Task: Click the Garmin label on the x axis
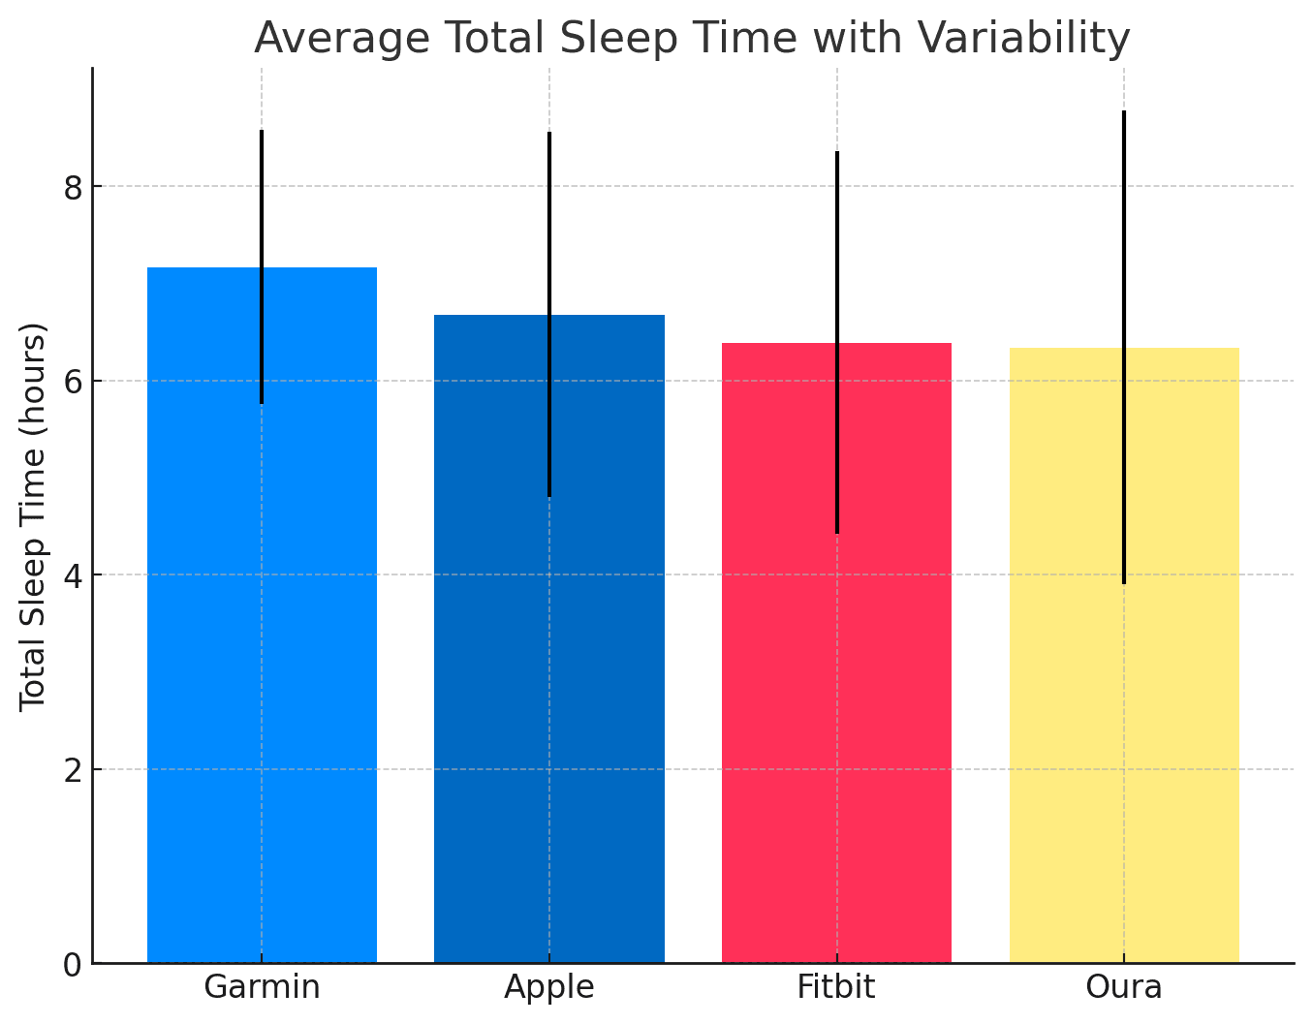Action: click(262, 987)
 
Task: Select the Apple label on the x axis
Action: click(549, 987)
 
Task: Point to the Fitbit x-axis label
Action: click(836, 987)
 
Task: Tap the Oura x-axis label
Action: click(1124, 987)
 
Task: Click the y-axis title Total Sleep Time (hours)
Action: click(34, 515)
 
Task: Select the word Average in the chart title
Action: click(341, 39)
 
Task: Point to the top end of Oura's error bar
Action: click(1124, 112)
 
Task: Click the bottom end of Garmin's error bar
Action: click(262, 402)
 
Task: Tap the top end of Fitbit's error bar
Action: click(837, 153)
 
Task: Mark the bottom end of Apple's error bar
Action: click(549, 496)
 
